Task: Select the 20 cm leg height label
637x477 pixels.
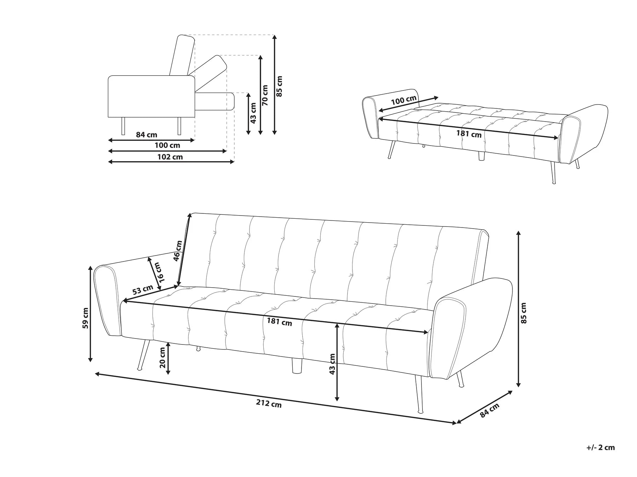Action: [x=162, y=358]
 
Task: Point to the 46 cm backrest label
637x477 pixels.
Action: [x=178, y=251]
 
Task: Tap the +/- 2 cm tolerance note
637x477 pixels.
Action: [x=601, y=447]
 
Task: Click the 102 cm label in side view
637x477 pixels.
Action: [x=170, y=157]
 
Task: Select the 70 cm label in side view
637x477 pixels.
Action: [x=265, y=95]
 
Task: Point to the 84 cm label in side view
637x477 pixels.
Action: [x=147, y=135]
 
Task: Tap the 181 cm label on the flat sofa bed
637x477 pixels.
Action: [x=469, y=134]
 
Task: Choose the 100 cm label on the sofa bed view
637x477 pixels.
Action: [x=403, y=100]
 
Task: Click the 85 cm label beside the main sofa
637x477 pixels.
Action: [x=524, y=313]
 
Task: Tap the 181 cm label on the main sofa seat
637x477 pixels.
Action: [x=280, y=322]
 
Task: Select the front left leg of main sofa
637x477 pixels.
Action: [x=143, y=355]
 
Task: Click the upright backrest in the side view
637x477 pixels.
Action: [x=183, y=55]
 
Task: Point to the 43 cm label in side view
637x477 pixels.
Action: [x=253, y=113]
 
